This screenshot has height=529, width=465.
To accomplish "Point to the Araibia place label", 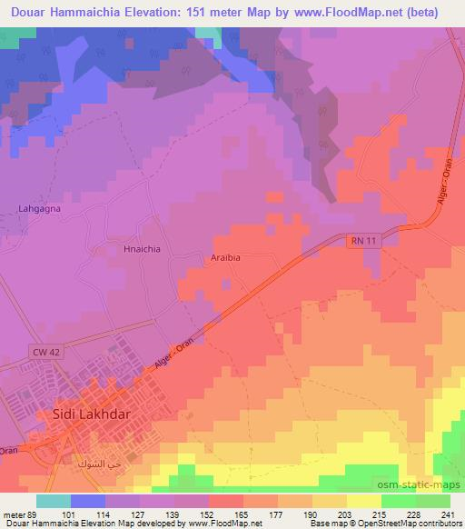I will (x=226, y=257).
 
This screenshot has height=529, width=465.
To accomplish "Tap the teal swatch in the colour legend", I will (x=54, y=501).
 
